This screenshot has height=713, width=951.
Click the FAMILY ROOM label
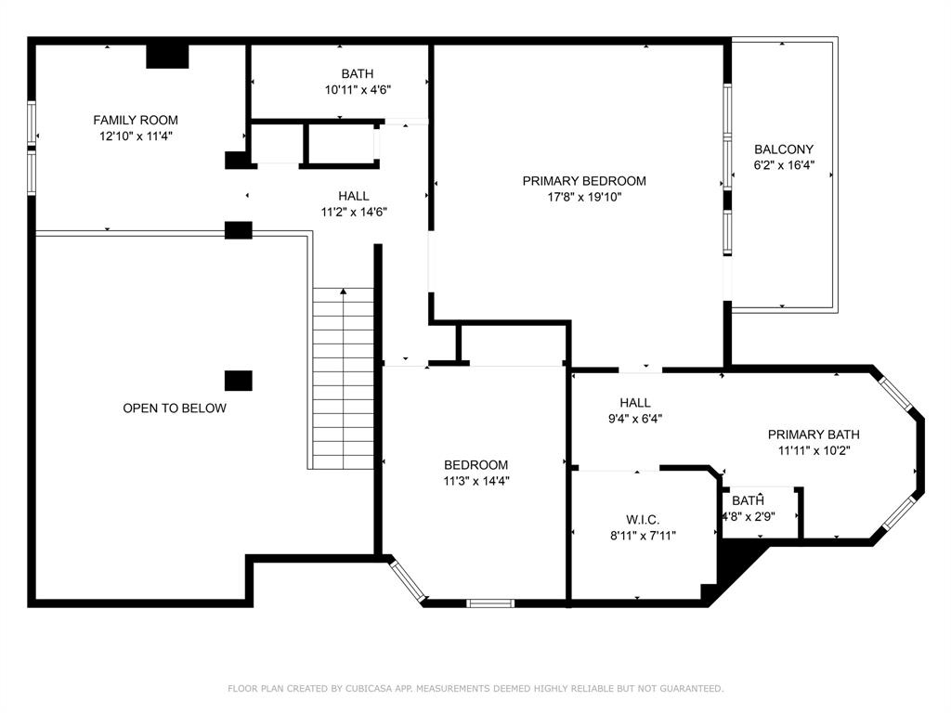tap(136, 120)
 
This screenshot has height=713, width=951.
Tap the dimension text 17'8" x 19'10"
tap(583, 197)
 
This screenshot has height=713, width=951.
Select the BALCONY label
tap(784, 149)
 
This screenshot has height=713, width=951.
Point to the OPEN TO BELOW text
tap(175, 408)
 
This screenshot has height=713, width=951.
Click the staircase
tap(343, 381)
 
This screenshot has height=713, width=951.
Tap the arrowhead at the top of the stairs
tap(344, 292)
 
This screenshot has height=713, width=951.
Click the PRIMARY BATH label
tap(814, 434)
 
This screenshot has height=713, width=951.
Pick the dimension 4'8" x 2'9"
tap(749, 516)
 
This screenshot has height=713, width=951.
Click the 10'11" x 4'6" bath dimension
tap(358, 90)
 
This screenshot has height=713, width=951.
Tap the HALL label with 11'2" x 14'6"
tap(353, 196)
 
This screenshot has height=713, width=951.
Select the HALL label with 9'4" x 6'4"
tap(635, 403)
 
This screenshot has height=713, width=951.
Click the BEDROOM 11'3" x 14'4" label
tap(475, 465)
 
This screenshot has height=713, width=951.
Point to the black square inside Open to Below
tap(239, 381)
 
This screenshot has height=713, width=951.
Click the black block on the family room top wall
tap(168, 56)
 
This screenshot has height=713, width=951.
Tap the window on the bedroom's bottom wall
tap(489, 603)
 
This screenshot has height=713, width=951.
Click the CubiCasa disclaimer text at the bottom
tap(475, 689)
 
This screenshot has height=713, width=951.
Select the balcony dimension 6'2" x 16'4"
tap(784, 165)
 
